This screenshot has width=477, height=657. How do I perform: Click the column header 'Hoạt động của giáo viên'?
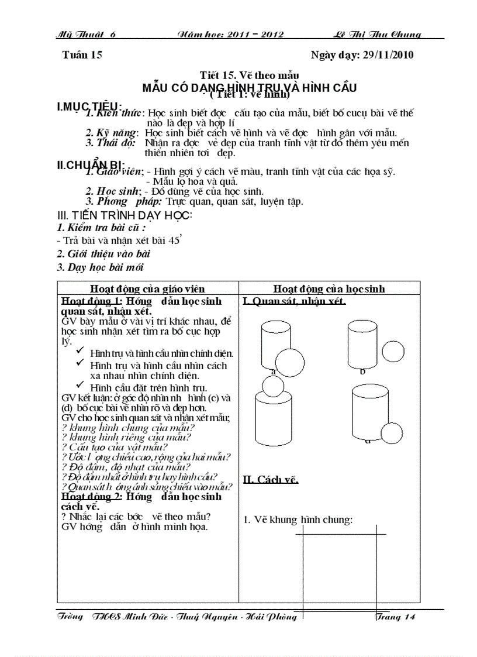(147, 288)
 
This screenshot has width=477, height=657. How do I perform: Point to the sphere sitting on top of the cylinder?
(272, 385)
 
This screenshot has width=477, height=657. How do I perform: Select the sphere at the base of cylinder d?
(391, 433)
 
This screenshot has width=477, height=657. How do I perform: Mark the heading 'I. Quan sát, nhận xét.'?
(293, 301)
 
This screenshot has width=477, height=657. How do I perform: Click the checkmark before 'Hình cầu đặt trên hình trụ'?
(81, 387)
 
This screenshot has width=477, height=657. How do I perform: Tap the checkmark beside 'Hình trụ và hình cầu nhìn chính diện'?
(81, 353)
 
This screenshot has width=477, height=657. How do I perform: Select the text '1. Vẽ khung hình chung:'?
(298, 519)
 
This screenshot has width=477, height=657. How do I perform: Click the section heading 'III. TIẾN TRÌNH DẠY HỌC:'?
(125, 215)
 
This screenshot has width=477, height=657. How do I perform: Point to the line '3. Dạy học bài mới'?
(100, 267)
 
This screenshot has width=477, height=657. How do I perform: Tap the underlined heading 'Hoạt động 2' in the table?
(83, 497)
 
